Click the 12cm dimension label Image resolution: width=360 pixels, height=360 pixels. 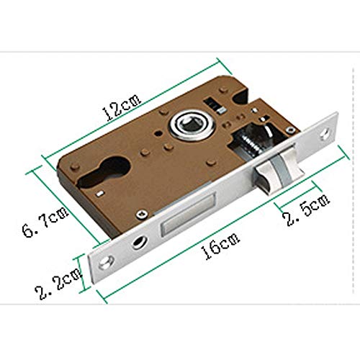point(121,107)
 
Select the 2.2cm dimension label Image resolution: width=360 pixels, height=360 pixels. point(58,284)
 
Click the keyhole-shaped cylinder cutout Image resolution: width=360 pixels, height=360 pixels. point(105,172)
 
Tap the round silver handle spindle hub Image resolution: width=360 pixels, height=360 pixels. point(191,125)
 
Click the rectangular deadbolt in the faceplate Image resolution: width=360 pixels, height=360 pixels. point(188,214)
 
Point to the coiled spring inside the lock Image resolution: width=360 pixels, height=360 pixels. point(250,145)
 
